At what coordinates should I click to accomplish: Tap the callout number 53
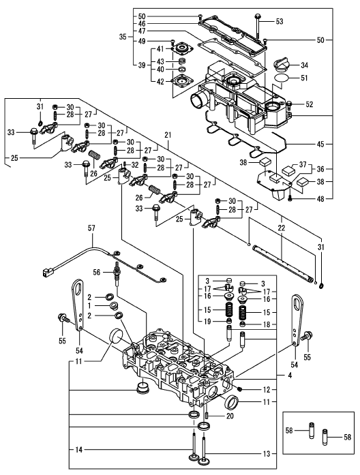(x=279, y=22)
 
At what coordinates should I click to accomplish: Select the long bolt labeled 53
(x=258, y=27)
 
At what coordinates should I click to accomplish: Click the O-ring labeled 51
(x=282, y=78)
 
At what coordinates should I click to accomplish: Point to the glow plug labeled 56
(x=115, y=274)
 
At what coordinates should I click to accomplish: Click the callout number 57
(x=91, y=228)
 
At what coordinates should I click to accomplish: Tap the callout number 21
(x=168, y=135)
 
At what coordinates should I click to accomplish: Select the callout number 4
(x=290, y=376)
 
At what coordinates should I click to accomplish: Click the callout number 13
(x=267, y=453)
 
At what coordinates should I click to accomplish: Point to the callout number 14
(x=78, y=450)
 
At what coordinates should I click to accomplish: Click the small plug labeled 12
(x=239, y=388)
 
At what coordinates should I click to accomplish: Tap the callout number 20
(x=230, y=416)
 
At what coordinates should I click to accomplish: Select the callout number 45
(x=320, y=144)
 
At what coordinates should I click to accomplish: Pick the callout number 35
(x=123, y=37)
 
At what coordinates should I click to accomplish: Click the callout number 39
(x=142, y=65)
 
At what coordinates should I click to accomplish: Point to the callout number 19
(x=207, y=322)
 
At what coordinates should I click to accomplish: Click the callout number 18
(x=266, y=324)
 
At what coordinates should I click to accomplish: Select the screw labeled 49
(x=173, y=42)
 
